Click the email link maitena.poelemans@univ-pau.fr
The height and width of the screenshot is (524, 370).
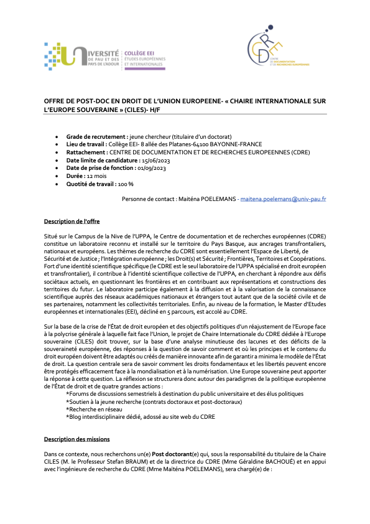pyautogui.click(x=284, y=199)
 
